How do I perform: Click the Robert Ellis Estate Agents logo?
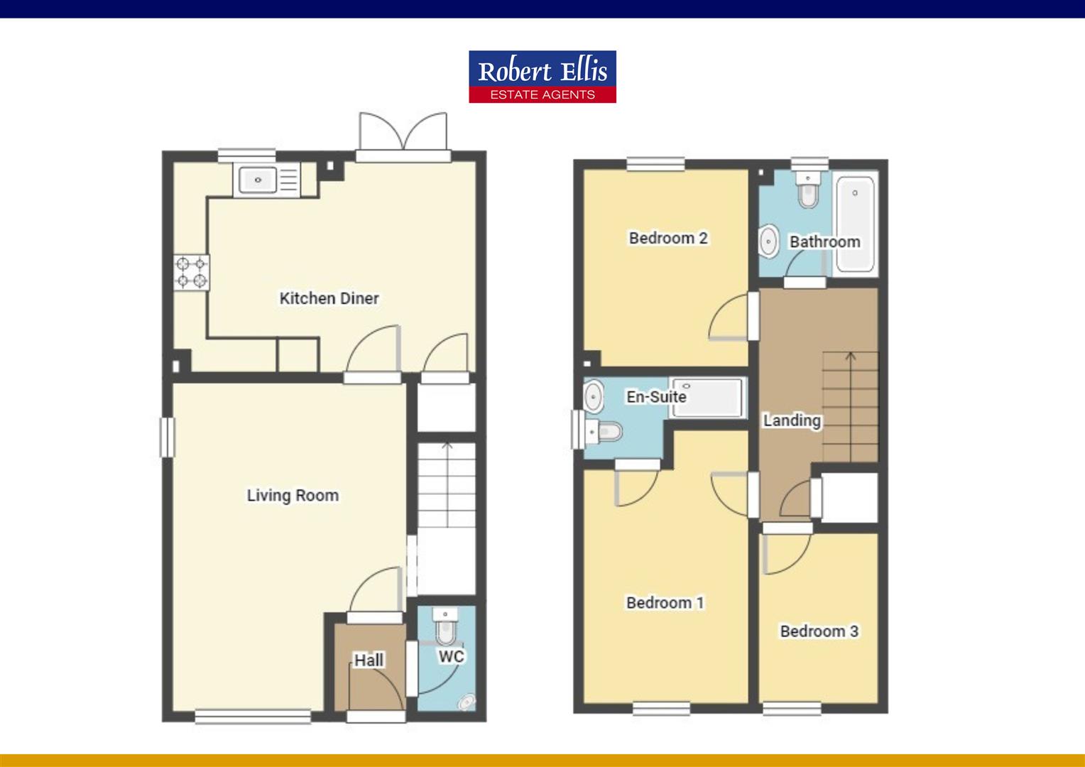[542, 77]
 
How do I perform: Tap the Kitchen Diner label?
[329, 298]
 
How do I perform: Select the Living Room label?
[293, 496]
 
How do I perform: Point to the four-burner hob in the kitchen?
[191, 272]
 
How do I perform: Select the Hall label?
[369, 660]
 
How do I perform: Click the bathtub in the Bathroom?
[856, 224]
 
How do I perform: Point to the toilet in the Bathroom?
[808, 190]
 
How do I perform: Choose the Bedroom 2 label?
[668, 238]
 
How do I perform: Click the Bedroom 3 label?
[819, 631]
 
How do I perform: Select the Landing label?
[792, 420]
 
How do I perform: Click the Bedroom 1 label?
[665, 603]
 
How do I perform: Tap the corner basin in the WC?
[467, 702]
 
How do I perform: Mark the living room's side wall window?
[167, 437]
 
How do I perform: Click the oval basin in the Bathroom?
[769, 240]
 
